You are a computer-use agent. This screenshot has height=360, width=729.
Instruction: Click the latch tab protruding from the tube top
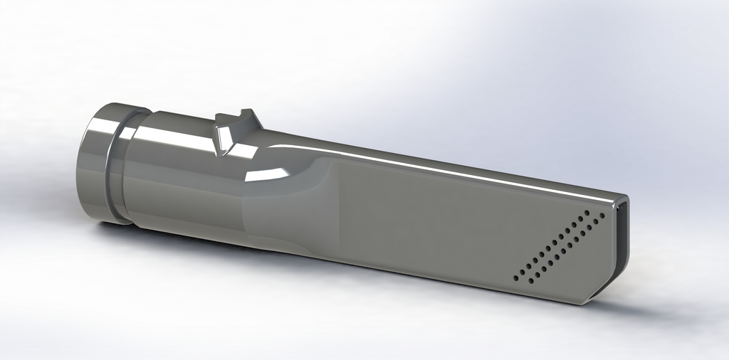point(235,132)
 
